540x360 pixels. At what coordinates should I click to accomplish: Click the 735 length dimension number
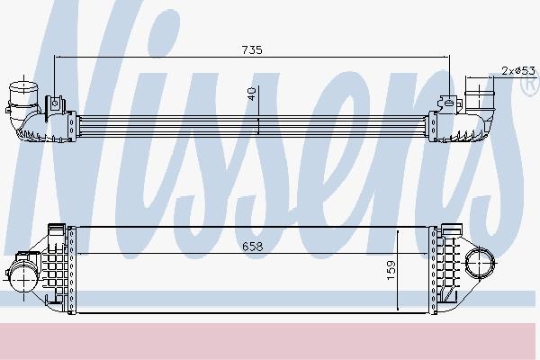pyautogui.click(x=251, y=51)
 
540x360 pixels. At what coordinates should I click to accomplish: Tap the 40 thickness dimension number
pyautogui.click(x=252, y=94)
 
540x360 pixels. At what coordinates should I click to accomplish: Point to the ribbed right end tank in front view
pyautogui.click(x=447, y=266)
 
